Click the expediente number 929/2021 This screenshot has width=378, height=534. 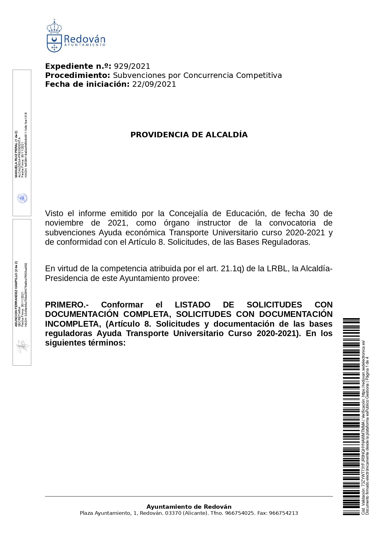coord(132,66)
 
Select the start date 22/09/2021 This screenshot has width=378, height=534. coord(154,84)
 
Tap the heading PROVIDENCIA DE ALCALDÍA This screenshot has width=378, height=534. coord(189,135)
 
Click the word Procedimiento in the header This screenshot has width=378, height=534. coord(77,76)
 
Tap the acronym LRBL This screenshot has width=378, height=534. coord(277,269)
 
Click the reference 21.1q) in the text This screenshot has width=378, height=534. coord(232,269)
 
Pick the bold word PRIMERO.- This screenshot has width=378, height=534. coord(67,305)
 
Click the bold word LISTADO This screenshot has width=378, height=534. coord(193,305)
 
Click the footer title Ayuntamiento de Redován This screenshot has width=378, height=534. coord(189,507)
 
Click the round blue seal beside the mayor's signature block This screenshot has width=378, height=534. coord(22,198)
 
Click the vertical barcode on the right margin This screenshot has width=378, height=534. coord(351,417)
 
